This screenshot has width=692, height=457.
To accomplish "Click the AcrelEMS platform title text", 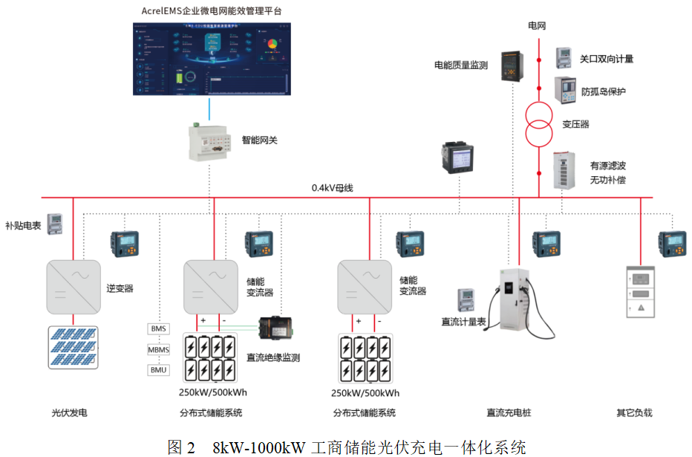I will pos(212,11).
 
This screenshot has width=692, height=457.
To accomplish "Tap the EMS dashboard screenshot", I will pos(212,59).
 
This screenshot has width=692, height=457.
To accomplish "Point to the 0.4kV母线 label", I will pos(332,188).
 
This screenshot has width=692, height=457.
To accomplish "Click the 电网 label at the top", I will pos(537,25).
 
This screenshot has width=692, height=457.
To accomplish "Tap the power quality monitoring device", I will pos(511,65).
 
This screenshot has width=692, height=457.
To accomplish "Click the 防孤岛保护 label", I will pos(603,91).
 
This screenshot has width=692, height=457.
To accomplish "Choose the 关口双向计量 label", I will pos(606,59).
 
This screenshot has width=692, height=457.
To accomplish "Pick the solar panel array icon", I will pos(73,347).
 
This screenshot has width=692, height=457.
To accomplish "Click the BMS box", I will pos(159,328).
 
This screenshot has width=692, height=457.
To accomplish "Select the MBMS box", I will pos(159,349).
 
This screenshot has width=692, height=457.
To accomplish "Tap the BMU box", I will pos(159,370).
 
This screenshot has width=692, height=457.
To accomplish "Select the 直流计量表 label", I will pos(463,322).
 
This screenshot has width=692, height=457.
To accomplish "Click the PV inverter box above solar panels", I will pos(73,286).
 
